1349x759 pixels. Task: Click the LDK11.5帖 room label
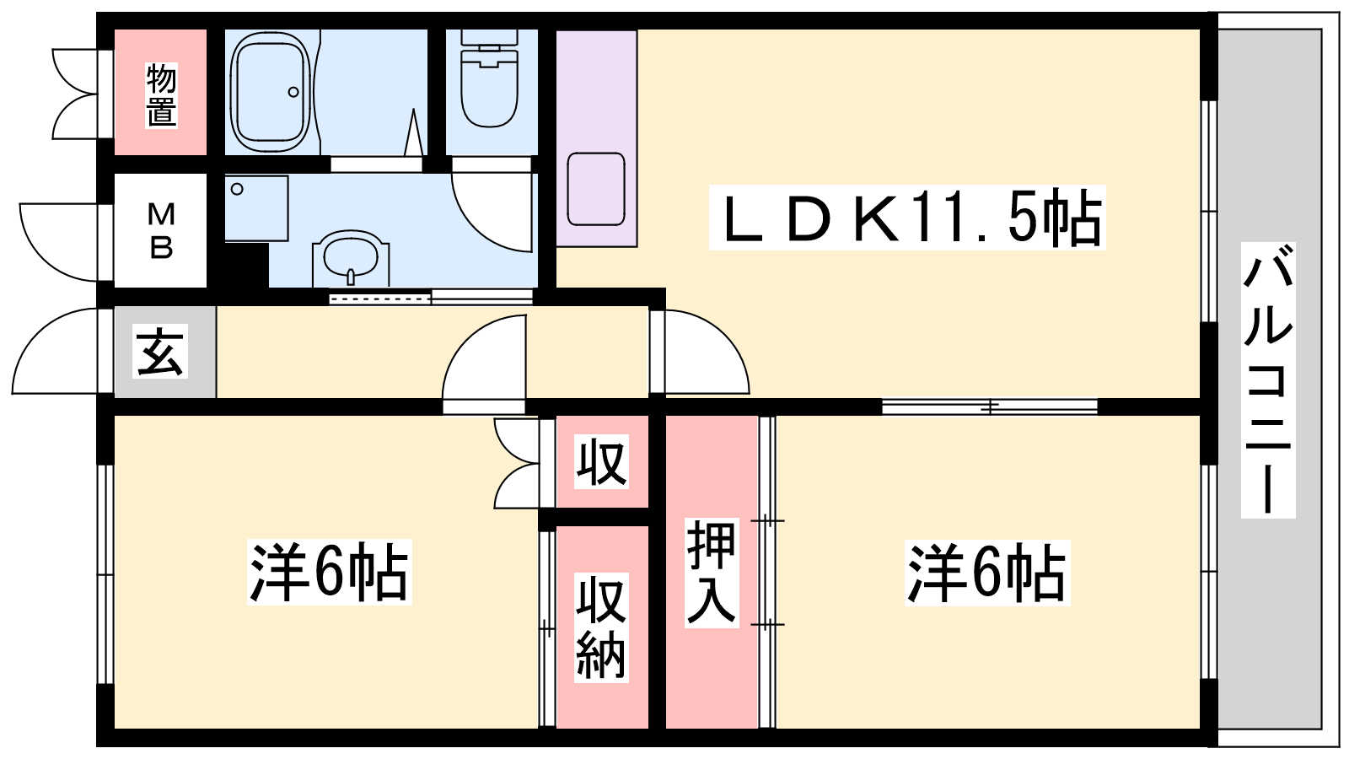907,218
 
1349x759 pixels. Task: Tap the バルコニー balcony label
1268,380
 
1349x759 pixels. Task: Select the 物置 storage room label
161,96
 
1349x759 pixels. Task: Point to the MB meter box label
161,230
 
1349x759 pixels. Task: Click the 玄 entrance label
159,351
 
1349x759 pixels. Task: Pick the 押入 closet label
712,573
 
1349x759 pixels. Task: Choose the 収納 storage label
601,627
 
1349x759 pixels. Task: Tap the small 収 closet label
601,461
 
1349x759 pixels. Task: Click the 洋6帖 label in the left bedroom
330,572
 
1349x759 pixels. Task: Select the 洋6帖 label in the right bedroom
987,573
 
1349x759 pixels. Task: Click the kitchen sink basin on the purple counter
595,189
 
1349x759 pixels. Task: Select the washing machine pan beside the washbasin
256,208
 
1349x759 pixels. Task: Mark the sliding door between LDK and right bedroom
990,407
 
